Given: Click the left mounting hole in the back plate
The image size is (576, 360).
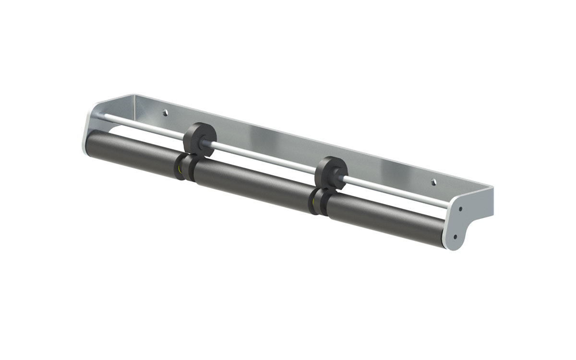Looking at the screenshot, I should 166,113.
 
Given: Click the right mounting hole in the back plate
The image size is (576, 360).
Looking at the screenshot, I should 433,182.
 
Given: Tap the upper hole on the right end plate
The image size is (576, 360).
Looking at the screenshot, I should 460,209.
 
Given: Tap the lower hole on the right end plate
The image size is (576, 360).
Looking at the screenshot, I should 455,236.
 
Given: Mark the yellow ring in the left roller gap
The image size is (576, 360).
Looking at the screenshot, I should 179,169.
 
